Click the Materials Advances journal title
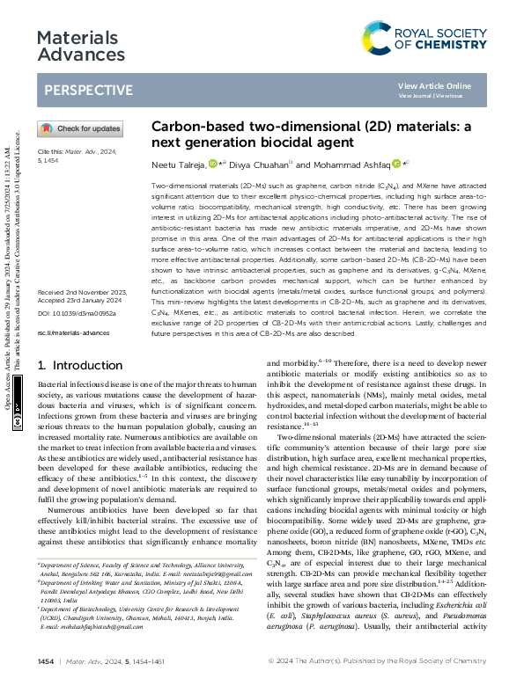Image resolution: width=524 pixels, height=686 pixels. coord(77,47)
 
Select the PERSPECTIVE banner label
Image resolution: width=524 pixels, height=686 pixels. coord(88,90)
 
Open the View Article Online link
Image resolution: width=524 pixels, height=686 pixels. coord(434,85)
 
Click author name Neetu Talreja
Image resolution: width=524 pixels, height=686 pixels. coord(178,164)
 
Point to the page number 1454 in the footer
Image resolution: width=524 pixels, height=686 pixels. coord(46,660)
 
